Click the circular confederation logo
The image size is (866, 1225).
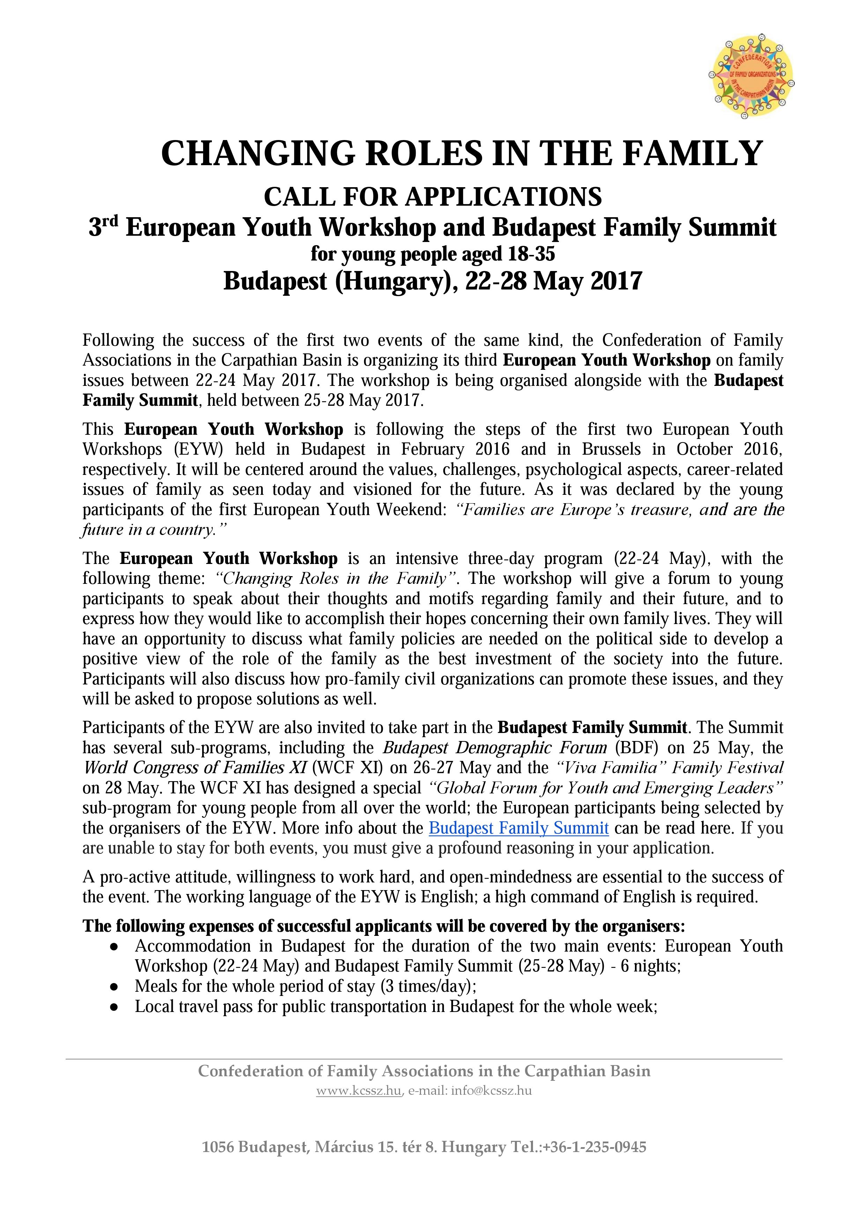(751, 78)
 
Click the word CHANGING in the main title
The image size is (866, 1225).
(258, 154)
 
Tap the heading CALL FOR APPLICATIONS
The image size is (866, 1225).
(432, 197)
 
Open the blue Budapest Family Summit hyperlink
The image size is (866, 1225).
(518, 828)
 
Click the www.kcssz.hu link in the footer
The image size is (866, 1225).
(358, 1091)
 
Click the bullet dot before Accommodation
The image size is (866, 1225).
(113, 946)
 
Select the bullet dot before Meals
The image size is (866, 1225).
(113, 986)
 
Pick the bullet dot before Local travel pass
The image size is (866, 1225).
(113, 1007)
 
